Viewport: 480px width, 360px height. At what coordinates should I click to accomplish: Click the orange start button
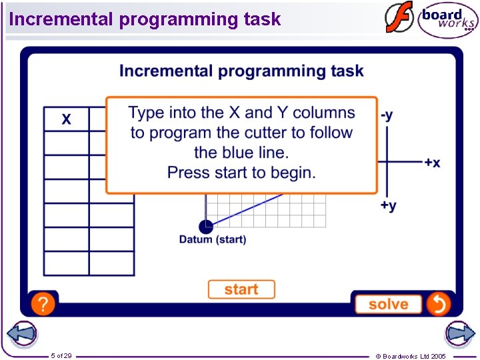(241, 289)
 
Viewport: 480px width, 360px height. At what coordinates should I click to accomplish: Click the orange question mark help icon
(43, 305)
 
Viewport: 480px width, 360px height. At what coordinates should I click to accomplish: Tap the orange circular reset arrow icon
(439, 304)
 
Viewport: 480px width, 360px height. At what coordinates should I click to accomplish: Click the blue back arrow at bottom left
(21, 334)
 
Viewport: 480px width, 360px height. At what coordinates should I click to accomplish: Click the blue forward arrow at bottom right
(459, 334)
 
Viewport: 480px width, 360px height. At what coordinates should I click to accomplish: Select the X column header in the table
(67, 119)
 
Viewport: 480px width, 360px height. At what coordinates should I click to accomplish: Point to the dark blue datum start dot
(206, 227)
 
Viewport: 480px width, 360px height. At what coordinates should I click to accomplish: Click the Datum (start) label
(213, 239)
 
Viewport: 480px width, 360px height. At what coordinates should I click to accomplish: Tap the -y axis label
(387, 115)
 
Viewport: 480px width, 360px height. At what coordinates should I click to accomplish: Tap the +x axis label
(432, 163)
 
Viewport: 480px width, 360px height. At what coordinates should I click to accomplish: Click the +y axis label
(388, 205)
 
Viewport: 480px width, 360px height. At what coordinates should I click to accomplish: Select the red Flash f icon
(399, 18)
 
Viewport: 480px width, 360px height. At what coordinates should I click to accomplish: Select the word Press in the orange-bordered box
(187, 173)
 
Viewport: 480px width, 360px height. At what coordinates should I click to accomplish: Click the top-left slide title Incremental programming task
(145, 19)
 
